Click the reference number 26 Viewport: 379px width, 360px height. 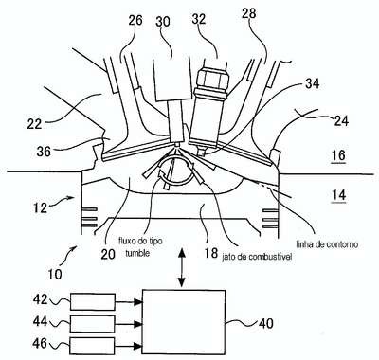[x=135, y=21]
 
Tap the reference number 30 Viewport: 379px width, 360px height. [x=163, y=22]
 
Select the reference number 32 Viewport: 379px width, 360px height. [x=200, y=19]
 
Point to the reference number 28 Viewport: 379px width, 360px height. [x=249, y=14]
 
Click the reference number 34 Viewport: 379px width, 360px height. [x=313, y=83]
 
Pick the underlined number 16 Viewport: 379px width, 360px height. [x=338, y=155]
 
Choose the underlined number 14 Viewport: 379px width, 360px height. [x=338, y=195]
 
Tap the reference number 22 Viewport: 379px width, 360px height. [x=34, y=123]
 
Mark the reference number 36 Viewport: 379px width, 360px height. [x=44, y=152]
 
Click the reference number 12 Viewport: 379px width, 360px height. [x=40, y=207]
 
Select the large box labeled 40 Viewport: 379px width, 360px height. [x=184, y=322]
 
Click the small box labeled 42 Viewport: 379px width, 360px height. [x=93, y=302]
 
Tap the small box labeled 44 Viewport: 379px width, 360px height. [x=93, y=324]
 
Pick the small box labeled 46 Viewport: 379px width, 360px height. [x=93, y=346]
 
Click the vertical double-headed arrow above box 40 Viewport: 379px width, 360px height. [x=182, y=267]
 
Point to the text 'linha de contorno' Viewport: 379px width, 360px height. [x=327, y=244]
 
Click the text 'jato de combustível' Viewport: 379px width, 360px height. [x=257, y=257]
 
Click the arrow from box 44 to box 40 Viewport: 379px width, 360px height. [x=129, y=324]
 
